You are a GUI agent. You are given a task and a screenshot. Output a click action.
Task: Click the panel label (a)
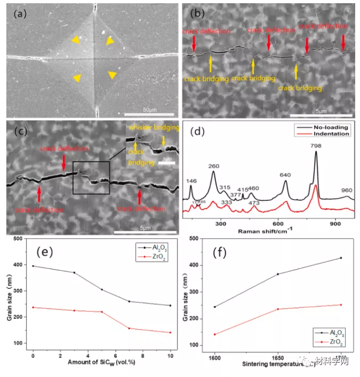click(20, 14)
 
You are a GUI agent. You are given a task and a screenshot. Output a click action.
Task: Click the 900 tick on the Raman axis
click(335, 224)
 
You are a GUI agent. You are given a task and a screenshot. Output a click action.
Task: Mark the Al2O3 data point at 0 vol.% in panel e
click(33, 266)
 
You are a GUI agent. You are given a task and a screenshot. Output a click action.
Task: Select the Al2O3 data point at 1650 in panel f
click(278, 274)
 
